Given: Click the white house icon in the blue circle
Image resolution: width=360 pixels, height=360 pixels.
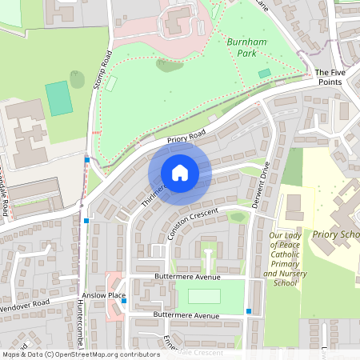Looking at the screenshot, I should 179,172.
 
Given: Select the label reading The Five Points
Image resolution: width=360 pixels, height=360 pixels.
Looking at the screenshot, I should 329,77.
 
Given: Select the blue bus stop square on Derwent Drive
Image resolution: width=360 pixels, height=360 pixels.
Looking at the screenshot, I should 250,310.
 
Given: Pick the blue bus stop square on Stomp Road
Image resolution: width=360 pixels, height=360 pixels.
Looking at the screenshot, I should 87,160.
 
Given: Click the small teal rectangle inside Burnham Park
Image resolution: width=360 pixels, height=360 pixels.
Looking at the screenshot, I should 265,74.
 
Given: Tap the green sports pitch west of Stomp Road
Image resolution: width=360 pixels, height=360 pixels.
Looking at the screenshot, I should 58,97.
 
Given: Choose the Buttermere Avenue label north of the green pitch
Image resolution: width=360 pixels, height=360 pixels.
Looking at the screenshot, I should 186,277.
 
